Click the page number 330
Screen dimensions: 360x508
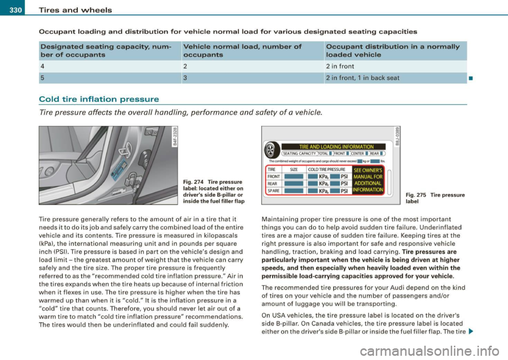[11, 6]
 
